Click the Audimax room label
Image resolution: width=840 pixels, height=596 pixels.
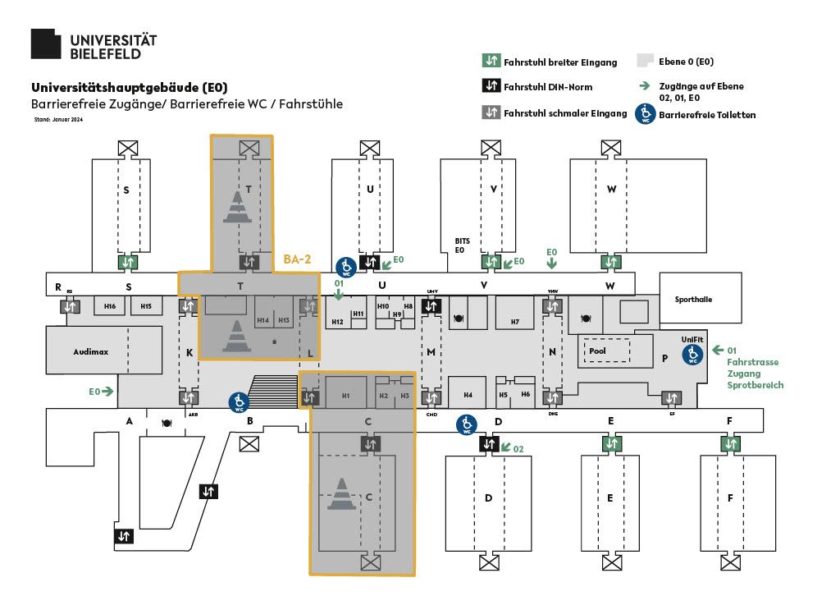coord(90,351)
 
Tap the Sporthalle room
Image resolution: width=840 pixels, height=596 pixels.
coord(694,300)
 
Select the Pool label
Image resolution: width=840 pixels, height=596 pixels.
coord(597,351)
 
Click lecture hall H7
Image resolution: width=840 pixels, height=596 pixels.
coord(514,321)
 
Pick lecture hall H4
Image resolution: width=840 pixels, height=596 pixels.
coord(468,395)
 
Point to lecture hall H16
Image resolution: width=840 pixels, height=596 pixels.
coord(110,306)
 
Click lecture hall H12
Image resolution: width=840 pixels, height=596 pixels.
coord(337,321)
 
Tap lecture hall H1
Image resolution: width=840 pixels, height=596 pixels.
coord(345,396)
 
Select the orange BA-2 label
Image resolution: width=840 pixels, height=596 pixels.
coord(297,259)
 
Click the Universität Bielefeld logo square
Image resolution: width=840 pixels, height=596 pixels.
coord(46,44)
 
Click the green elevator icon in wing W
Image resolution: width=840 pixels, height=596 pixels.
coord(610,263)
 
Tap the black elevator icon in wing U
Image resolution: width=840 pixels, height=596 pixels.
coord(370,262)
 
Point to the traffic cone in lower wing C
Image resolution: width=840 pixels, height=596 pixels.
coord(341,493)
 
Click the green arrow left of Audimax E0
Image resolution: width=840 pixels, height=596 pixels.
coord(108,392)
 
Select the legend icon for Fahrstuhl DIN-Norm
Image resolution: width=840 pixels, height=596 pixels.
coord(491,86)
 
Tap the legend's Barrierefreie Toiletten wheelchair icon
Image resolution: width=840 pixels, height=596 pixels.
coord(646,113)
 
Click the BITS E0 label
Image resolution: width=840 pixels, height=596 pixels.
coord(460,245)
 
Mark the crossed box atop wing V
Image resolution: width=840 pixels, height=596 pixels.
coord(491,148)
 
